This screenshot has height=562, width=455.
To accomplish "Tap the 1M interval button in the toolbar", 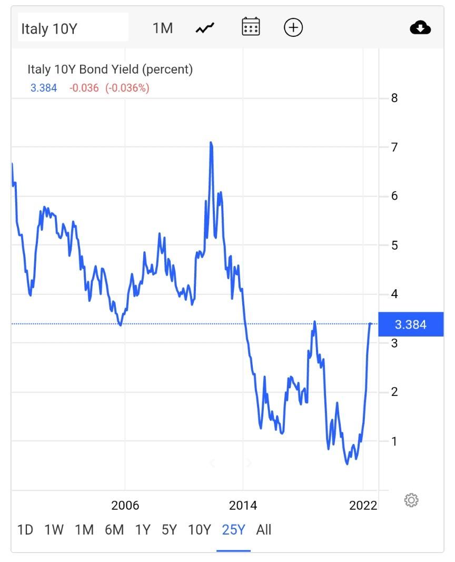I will pyautogui.click(x=163, y=28).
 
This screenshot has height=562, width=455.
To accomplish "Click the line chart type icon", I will pyautogui.click(x=205, y=28).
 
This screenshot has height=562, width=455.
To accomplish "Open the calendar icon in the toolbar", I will pyautogui.click(x=251, y=27).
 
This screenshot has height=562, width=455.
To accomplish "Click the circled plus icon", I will pyautogui.click(x=293, y=27).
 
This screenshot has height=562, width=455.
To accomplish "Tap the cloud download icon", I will pyautogui.click(x=420, y=27).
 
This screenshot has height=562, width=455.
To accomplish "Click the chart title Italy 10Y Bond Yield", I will pyautogui.click(x=110, y=69).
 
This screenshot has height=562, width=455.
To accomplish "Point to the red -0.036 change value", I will pyautogui.click(x=84, y=88).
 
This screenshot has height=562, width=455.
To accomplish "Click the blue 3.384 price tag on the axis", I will pyautogui.click(x=411, y=324).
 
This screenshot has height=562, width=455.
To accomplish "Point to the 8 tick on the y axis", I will pyautogui.click(x=394, y=98).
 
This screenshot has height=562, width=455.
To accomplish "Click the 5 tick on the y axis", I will pyautogui.click(x=394, y=245).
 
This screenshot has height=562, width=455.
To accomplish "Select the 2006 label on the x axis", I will pyautogui.click(x=125, y=506).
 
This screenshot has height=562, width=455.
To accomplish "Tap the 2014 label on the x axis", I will pyautogui.click(x=243, y=506).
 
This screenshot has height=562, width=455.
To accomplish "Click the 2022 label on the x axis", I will pyautogui.click(x=363, y=506).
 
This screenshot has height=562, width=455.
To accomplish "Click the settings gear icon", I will pyautogui.click(x=411, y=500).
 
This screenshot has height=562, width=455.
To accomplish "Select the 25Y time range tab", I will pyautogui.click(x=233, y=530).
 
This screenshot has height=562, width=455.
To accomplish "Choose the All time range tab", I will pyautogui.click(x=264, y=530).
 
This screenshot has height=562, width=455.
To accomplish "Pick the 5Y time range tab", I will pyautogui.click(x=169, y=530).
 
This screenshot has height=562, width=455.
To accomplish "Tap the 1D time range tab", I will pyautogui.click(x=25, y=530).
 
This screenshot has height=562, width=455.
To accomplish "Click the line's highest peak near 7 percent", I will pyautogui.click(x=211, y=143).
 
